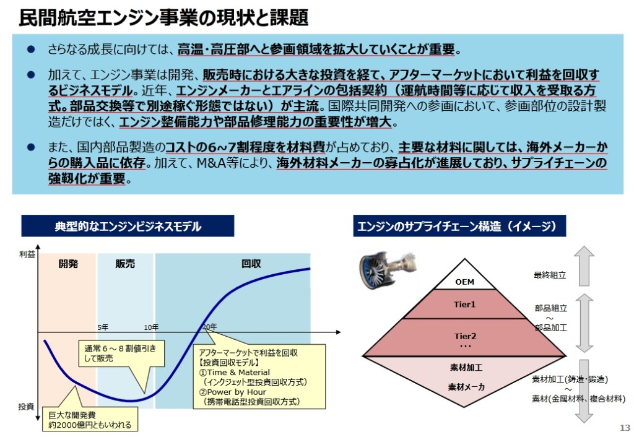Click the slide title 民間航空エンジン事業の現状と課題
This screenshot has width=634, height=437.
pos(163,17)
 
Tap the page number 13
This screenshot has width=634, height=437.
pos(624,428)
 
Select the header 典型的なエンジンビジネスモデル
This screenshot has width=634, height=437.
pos(128,227)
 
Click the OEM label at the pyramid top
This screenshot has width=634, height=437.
pos(464,282)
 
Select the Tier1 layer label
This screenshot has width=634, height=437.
pos(464,305)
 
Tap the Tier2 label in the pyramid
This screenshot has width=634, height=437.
pos(464,336)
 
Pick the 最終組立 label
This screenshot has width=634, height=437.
pos(550,275)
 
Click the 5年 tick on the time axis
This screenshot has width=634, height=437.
pos(103,327)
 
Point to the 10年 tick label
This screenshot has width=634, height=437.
pos(151,327)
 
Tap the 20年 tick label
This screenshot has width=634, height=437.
pos(210,327)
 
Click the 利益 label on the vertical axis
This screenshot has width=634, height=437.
pos(27,254)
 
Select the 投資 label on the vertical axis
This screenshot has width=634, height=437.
pos(26,407)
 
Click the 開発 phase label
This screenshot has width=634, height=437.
pos(68,264)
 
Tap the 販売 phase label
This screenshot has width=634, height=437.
pos(125,264)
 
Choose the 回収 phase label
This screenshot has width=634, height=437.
pos(251,264)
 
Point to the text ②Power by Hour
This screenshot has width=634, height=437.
pos(233,392)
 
